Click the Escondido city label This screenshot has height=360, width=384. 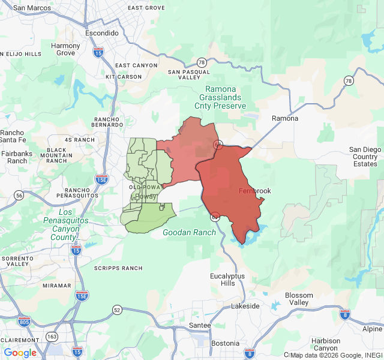click(x=101, y=33)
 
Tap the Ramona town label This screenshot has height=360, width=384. click(x=284, y=118)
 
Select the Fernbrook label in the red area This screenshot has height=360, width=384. click(x=255, y=191)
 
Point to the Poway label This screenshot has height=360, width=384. click(x=145, y=197)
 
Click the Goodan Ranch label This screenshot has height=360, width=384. click(x=189, y=232)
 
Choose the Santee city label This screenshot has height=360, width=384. click(x=200, y=325)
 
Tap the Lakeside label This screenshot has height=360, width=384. click(x=245, y=306)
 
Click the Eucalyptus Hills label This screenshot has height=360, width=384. click(x=227, y=280)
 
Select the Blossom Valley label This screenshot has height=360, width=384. click(x=299, y=299)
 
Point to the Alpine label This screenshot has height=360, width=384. click(x=372, y=329)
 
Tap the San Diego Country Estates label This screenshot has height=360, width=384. click(x=365, y=157)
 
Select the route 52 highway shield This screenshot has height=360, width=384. click(x=116, y=310)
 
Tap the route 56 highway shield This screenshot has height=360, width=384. click(x=20, y=196)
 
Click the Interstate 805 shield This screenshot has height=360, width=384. click(x=25, y=322)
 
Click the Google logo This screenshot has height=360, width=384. click(x=20, y=353)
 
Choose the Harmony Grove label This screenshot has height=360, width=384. click(x=65, y=49)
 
